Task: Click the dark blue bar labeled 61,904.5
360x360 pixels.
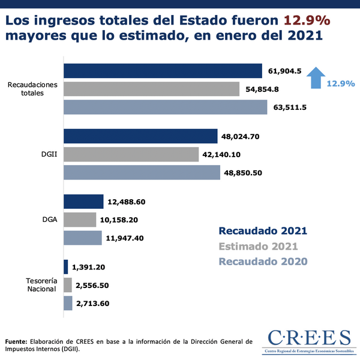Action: (163, 71)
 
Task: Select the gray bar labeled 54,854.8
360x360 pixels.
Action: (151, 89)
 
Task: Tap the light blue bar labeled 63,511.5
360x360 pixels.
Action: (165, 107)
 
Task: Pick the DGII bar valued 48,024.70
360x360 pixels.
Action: (140, 136)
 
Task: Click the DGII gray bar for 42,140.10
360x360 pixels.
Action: (131, 154)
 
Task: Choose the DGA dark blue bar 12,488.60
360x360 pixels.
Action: (83, 201)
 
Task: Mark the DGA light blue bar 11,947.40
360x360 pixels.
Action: (82, 238)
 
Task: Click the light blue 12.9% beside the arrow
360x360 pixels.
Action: (341, 84)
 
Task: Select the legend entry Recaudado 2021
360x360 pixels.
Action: (263, 230)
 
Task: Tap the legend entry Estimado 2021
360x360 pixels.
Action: (258, 246)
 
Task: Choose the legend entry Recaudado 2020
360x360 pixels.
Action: (263, 261)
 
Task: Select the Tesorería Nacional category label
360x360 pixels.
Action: (41, 284)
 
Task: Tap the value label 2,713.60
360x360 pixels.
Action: (92, 304)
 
